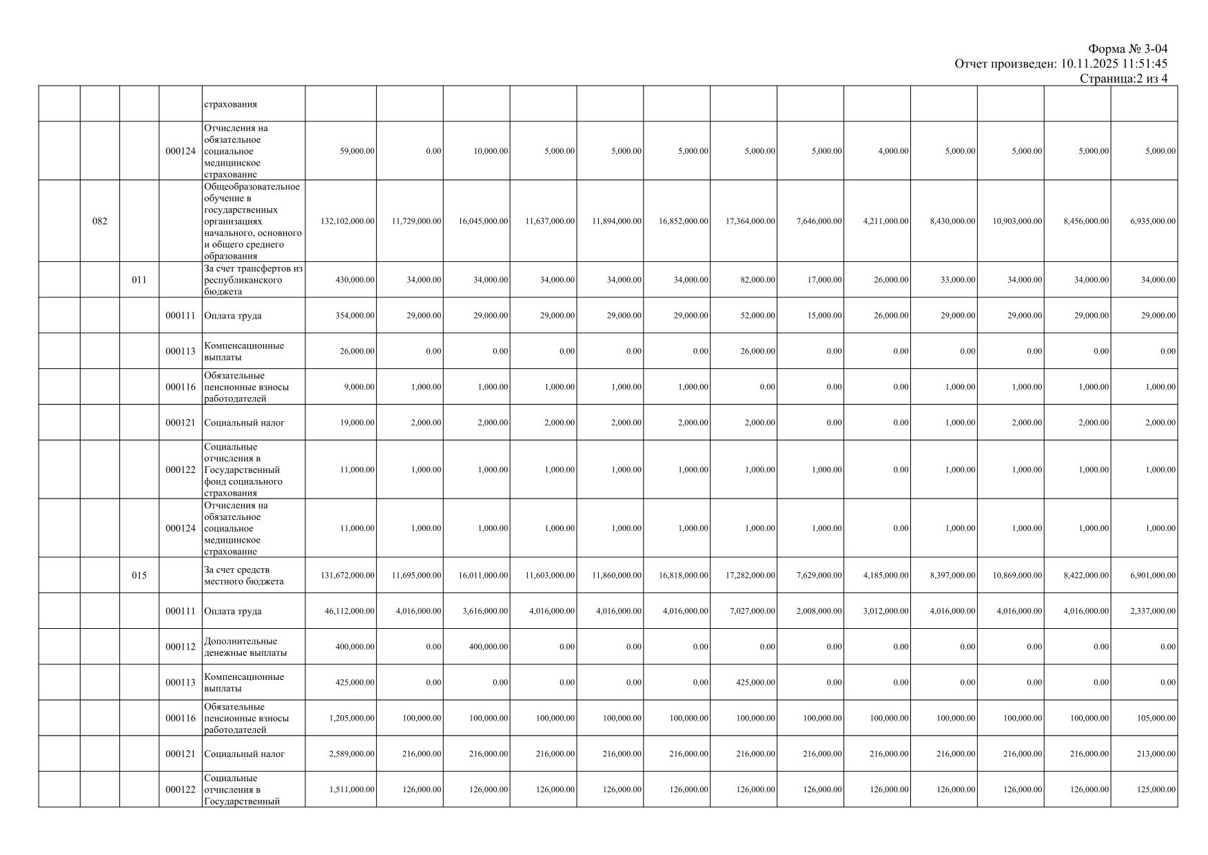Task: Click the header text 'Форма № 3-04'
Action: (1127, 49)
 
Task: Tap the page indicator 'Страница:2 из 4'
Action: (1123, 79)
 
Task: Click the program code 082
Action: (100, 221)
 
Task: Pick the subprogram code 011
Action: (139, 280)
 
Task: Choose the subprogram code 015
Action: (139, 576)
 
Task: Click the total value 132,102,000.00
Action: (348, 221)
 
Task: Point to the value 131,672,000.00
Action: (348, 576)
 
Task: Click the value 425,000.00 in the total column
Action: (357, 683)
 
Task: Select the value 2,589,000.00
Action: (352, 754)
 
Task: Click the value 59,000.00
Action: (358, 151)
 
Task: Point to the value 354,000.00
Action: (356, 316)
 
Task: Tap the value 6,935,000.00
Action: (1153, 221)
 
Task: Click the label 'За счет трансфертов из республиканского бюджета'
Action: (253, 280)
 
